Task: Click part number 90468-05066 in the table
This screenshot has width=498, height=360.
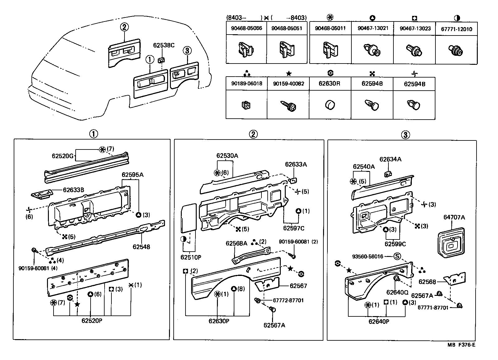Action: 247,28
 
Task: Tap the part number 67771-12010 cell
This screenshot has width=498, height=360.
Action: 456,29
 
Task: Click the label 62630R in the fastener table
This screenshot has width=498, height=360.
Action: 329,84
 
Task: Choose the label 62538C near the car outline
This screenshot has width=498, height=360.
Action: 164,45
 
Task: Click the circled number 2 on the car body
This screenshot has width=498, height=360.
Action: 124,27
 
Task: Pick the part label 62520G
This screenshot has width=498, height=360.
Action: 63,156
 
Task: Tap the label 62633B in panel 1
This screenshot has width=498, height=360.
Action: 73,190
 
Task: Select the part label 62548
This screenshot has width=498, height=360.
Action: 141,247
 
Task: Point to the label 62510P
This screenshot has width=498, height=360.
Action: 191,257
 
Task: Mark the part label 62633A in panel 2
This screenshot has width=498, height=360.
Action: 296,164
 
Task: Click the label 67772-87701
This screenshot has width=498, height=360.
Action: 288,301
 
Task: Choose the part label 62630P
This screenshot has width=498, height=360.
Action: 219,321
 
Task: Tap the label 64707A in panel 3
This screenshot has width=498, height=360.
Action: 454,217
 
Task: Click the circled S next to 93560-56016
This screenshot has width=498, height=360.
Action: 397,257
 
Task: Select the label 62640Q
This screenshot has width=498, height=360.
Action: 397,292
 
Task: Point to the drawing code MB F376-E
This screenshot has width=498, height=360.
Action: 461,345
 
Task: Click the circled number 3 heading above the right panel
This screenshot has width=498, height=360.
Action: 405,135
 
